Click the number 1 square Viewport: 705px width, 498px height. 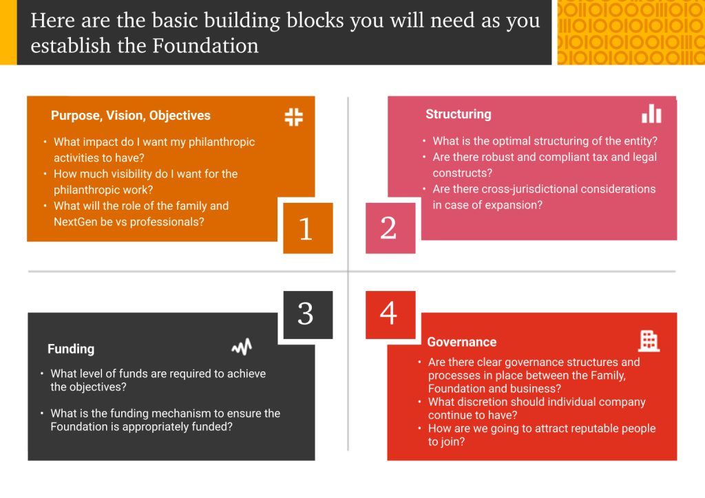coord(308,228)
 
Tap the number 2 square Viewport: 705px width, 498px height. coord(390,228)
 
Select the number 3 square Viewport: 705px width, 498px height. coord(308,315)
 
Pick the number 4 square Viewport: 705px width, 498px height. coord(390,315)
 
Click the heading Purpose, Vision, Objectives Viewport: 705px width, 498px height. coord(130,116)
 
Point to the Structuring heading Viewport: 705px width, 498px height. coord(458,114)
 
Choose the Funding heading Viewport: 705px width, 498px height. coord(71,349)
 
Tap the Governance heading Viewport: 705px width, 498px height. coord(462,342)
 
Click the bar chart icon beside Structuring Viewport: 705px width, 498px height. coord(651,113)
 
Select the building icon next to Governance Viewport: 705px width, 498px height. coord(649,341)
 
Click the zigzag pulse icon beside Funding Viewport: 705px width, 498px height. coord(242,347)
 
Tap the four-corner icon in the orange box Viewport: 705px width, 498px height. coord(293,117)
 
